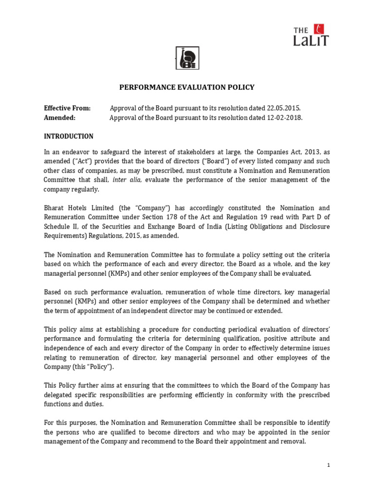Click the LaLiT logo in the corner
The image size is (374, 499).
311,35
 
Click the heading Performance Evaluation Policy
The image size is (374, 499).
187,88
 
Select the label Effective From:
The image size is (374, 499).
67,108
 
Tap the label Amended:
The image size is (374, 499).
59,118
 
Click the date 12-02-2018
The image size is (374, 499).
285,118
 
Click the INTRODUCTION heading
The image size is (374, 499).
69,136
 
